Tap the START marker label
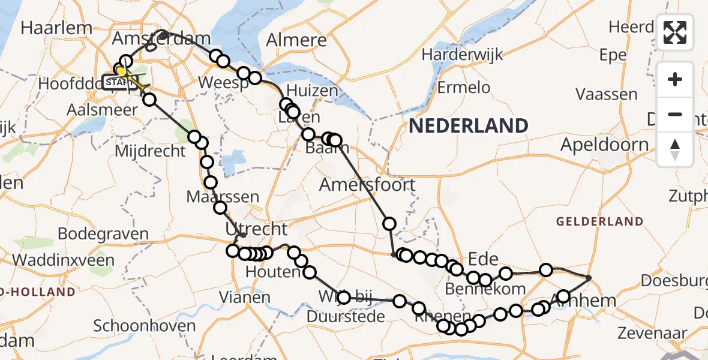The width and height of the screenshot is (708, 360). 116,82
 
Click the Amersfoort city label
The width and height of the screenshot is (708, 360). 367,184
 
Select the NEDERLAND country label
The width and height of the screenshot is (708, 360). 469,126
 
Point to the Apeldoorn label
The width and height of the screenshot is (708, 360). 604,145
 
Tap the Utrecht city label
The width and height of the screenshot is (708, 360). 256,229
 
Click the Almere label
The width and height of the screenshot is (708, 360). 296,40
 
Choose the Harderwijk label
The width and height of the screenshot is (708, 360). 461,54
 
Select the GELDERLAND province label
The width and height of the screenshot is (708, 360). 599,221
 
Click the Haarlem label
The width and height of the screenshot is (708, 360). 56,28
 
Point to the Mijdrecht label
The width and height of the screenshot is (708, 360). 151,151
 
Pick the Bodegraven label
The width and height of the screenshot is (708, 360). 104,233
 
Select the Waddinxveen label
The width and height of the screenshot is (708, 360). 63,260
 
